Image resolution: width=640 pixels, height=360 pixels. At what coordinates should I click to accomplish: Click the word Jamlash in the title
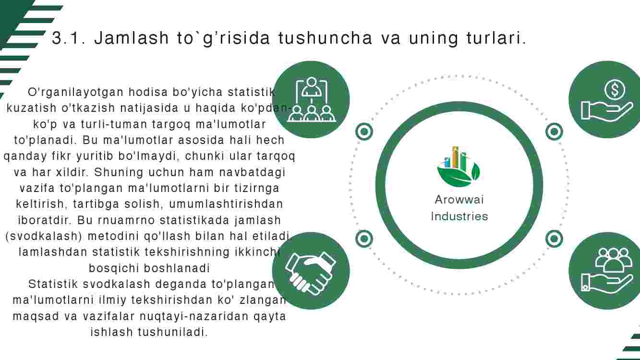coord(132,38)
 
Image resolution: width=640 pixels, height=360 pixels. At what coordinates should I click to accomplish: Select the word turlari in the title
coord(496,38)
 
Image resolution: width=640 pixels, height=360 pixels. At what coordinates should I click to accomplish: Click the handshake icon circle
coord(311,271)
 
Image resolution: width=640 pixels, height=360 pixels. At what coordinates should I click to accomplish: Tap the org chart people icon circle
coord(311,99)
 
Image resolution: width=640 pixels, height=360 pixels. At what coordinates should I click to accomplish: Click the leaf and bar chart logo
coord(459,167)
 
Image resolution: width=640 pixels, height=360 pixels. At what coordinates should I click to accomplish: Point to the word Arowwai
coord(459,200)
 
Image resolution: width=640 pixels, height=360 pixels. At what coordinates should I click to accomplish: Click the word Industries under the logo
coord(459,216)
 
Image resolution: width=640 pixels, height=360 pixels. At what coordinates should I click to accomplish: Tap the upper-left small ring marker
coord(364,132)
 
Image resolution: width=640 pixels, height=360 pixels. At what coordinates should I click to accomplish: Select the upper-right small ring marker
coord(554,132)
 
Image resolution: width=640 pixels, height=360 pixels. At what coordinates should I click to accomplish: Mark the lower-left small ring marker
coord(364,239)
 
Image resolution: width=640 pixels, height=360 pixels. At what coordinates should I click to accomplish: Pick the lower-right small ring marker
coord(554,239)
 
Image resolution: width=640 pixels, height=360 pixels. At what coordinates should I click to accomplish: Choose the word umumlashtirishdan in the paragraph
coord(226,204)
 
